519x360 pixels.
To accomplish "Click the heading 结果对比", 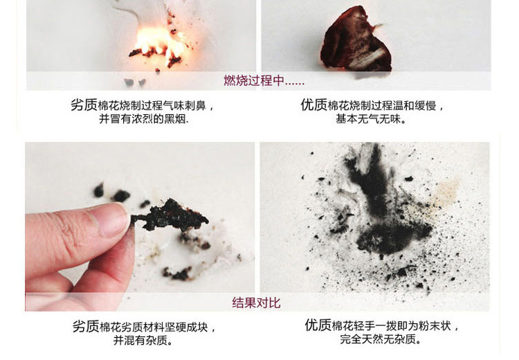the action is click(256, 303).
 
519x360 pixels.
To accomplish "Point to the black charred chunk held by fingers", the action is click(170, 215).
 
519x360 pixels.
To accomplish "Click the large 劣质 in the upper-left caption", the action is click(84, 105).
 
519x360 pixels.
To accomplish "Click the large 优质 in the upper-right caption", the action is click(313, 105).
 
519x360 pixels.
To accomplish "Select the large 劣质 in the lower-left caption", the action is click(86, 326).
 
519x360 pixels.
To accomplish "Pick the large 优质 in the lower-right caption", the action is click(318, 325).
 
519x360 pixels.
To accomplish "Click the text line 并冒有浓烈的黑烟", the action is click(144, 118).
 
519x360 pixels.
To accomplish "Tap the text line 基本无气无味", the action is click(371, 118).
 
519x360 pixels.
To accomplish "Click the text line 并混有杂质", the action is click(143, 340).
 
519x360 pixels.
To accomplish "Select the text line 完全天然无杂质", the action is click(381, 339).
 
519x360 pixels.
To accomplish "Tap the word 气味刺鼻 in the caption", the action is click(184, 106).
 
